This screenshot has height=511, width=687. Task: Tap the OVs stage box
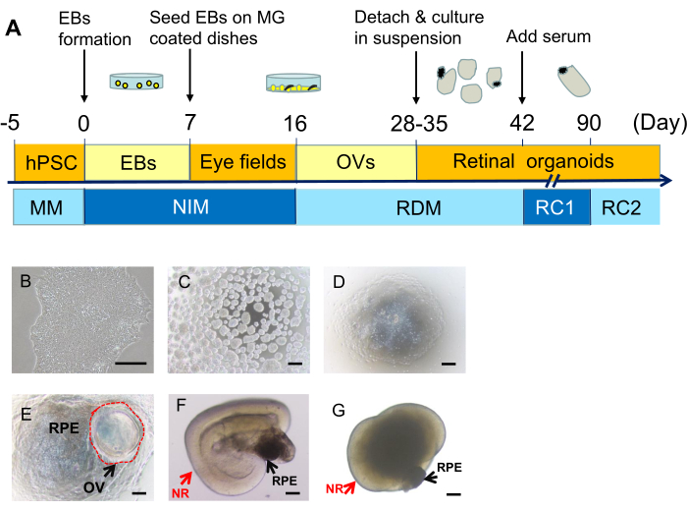pyautogui.click(x=355, y=161)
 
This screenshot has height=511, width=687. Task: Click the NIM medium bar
pyautogui.click(x=189, y=207)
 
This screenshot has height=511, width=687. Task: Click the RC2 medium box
pyautogui.click(x=625, y=207)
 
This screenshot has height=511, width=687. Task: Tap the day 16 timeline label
pyautogui.click(x=294, y=124)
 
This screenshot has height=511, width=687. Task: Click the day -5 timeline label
pyautogui.click(x=13, y=124)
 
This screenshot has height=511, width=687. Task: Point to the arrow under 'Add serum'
pyautogui.click(x=521, y=79)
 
